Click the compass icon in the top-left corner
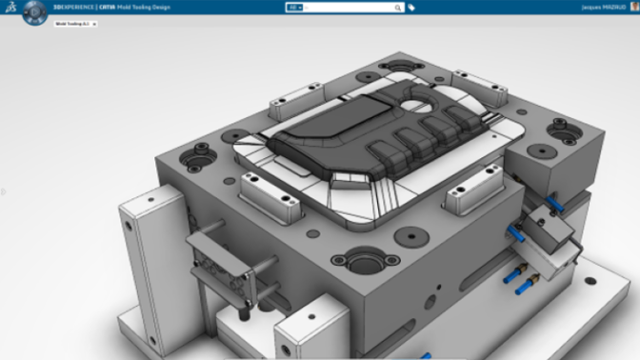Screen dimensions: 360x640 (x=34, y=11)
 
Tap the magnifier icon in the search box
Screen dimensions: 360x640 (x=398, y=7)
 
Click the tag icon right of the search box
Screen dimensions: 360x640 (x=411, y=7)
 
